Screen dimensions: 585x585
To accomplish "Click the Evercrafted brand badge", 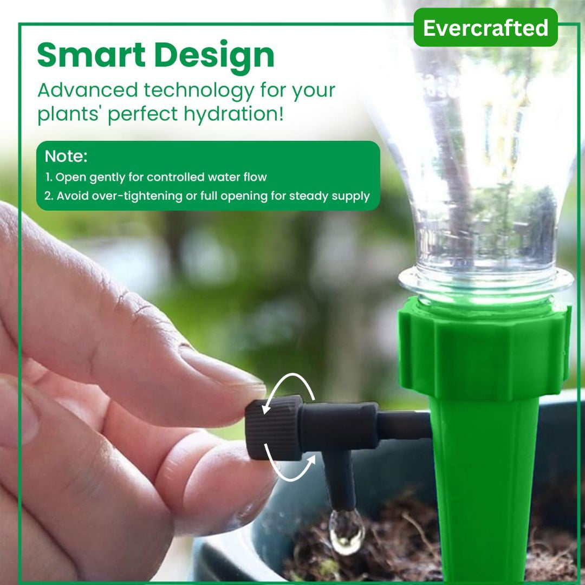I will click(485, 28).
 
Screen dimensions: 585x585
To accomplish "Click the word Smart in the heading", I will click(94, 55).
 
